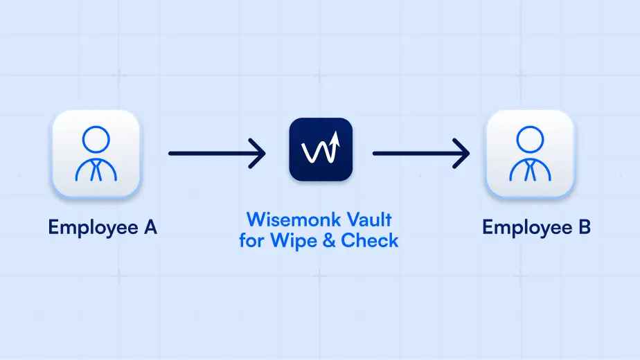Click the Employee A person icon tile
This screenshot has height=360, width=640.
96,154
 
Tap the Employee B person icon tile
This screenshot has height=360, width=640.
530,154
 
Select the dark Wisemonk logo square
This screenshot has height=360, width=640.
320,150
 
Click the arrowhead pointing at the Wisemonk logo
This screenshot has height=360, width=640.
258,152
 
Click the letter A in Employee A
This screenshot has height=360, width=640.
150,226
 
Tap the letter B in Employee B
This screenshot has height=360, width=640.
584,226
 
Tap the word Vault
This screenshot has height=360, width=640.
371,221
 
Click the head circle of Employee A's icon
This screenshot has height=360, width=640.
96,138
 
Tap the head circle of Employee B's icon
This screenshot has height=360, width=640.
529,138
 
